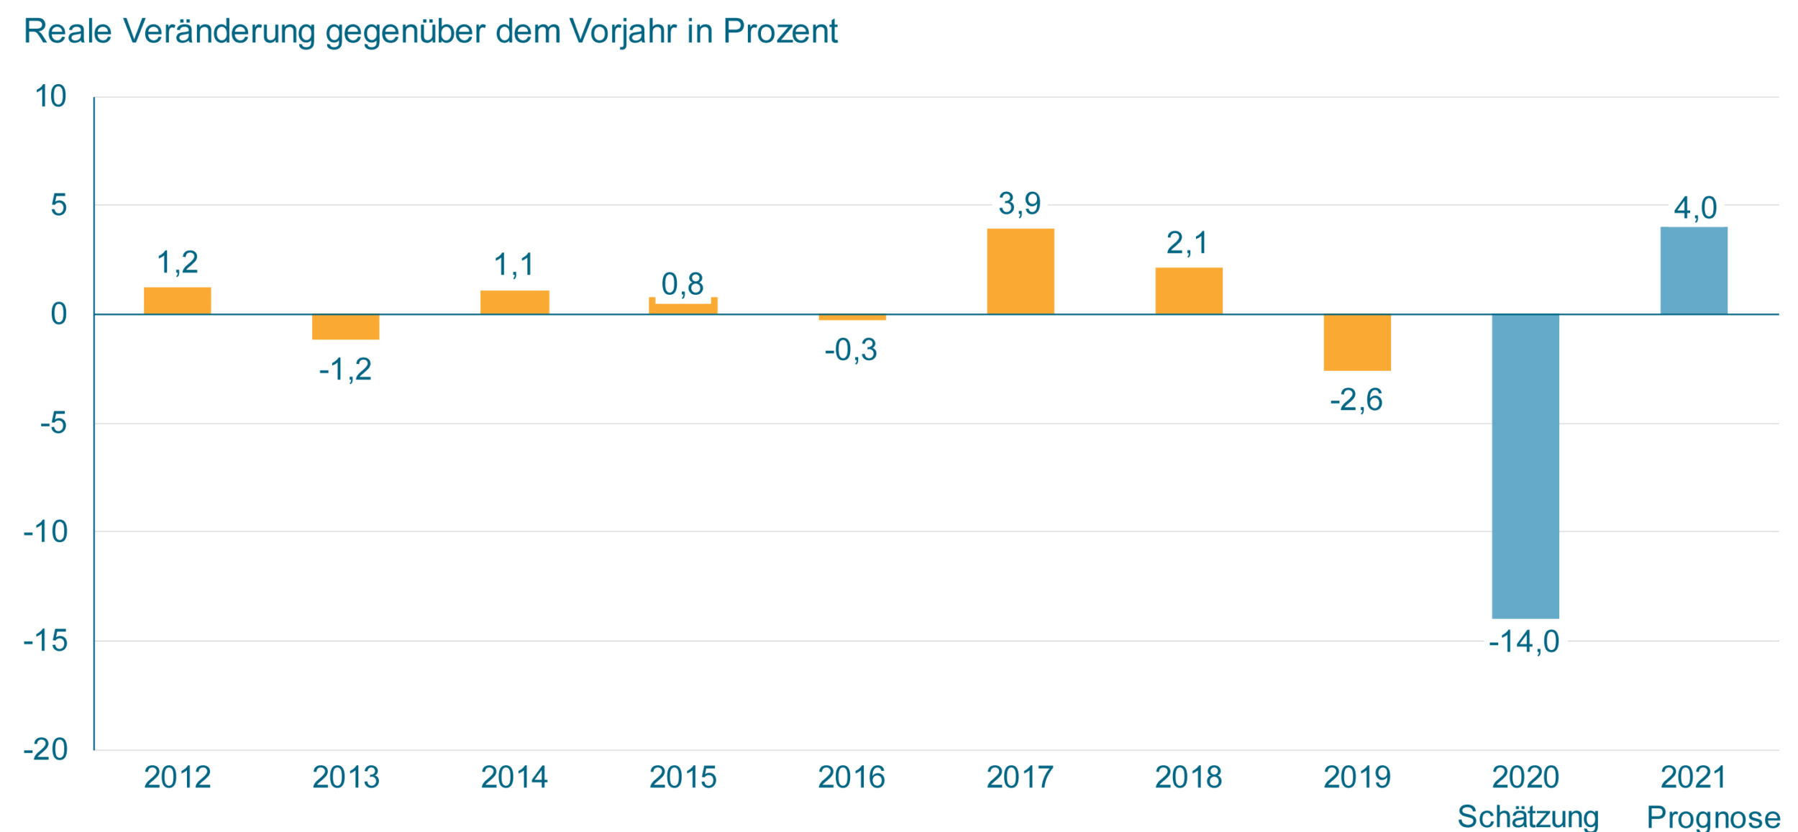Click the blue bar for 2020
(1525, 466)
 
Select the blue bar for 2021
(1694, 270)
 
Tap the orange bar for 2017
(1021, 271)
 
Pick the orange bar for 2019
(1357, 342)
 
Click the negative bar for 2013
(345, 327)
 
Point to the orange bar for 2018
(1189, 291)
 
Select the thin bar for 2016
(852, 317)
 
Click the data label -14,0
(1524, 641)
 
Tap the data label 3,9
(1019, 204)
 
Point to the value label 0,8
(682, 284)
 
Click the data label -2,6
(1356, 400)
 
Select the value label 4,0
(1695, 209)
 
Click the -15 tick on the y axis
(46, 640)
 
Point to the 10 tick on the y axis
(50, 96)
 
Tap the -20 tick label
(46, 749)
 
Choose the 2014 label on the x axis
(514, 777)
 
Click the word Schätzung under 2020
(1528, 817)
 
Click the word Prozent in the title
(780, 32)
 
